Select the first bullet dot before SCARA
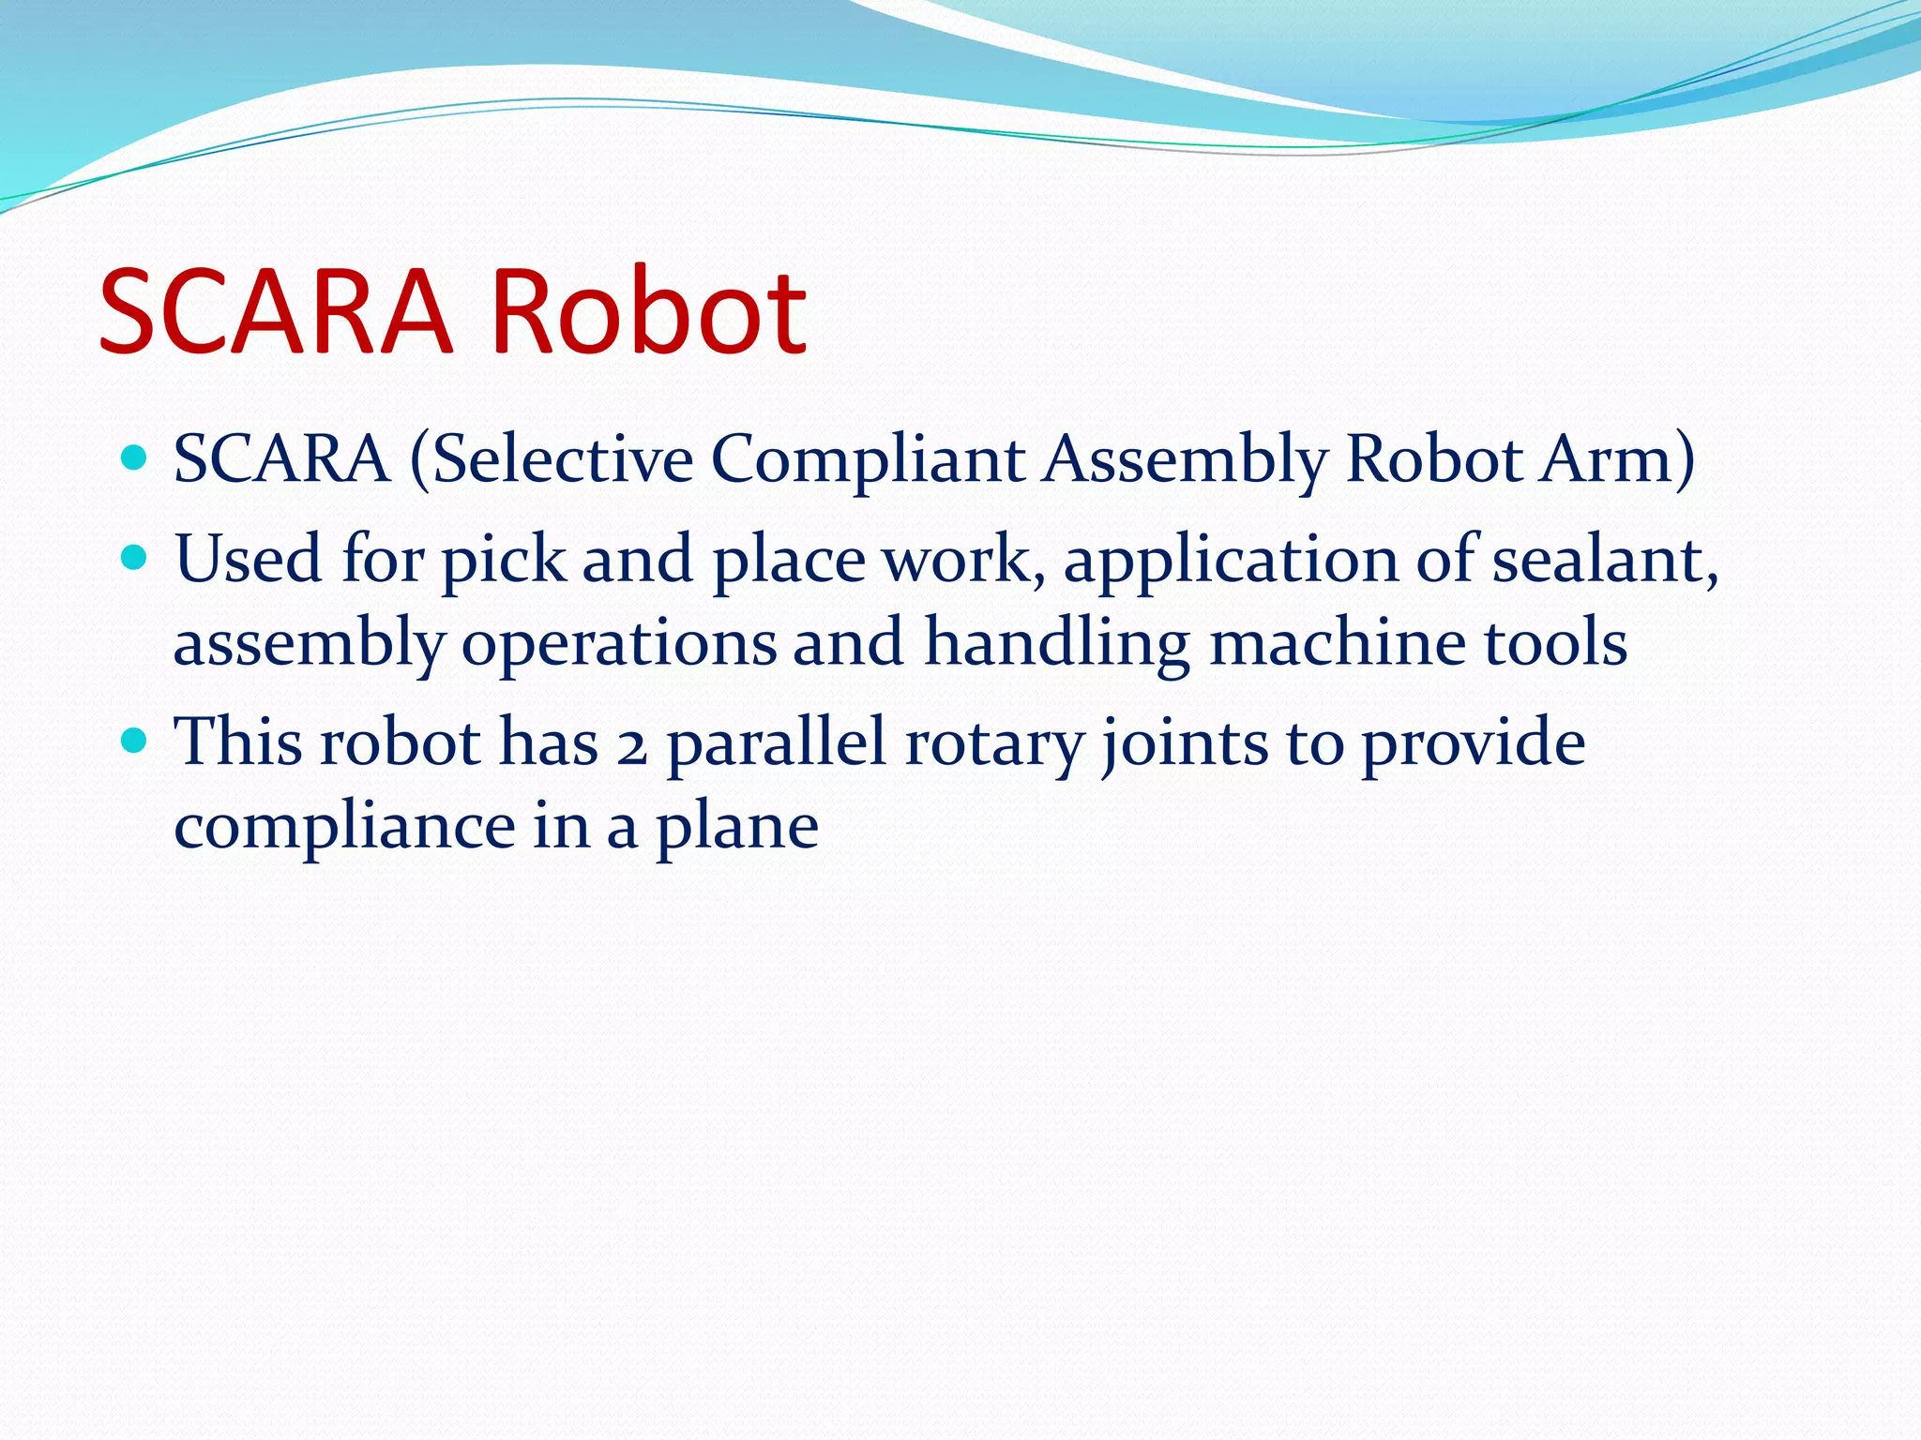tap(135, 457)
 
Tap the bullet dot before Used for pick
tap(135, 558)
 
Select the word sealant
tap(1605, 560)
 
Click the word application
tap(1231, 560)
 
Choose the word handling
tap(1057, 643)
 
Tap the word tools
tap(1555, 643)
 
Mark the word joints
tap(1184, 743)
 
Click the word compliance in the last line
tap(344, 827)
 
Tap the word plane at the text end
tap(736, 827)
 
